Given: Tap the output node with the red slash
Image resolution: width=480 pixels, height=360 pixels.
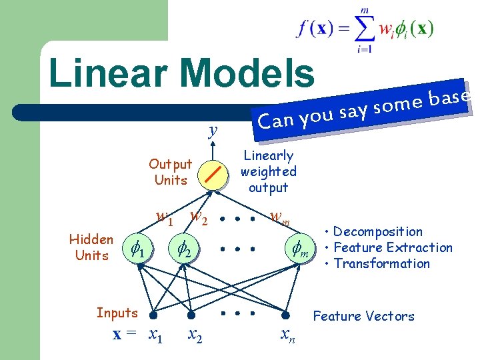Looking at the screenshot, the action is [214, 173].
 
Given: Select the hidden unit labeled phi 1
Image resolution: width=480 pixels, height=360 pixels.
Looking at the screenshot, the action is [139, 250].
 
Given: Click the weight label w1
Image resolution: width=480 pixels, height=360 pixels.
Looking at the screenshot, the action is [164, 217].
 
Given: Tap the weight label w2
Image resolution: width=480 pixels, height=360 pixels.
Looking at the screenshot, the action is [198, 217].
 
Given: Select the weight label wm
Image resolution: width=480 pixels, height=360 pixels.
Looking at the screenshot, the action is [279, 217].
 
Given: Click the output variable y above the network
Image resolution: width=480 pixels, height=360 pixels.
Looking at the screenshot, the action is [213, 130].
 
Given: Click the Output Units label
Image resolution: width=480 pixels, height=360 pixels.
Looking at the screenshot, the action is [170, 172].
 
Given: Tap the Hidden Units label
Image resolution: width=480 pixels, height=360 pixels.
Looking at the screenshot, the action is [91, 247].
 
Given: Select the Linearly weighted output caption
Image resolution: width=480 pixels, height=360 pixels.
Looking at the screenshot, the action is [268, 172].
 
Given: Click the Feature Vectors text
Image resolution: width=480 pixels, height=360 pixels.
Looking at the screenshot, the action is [364, 316].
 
